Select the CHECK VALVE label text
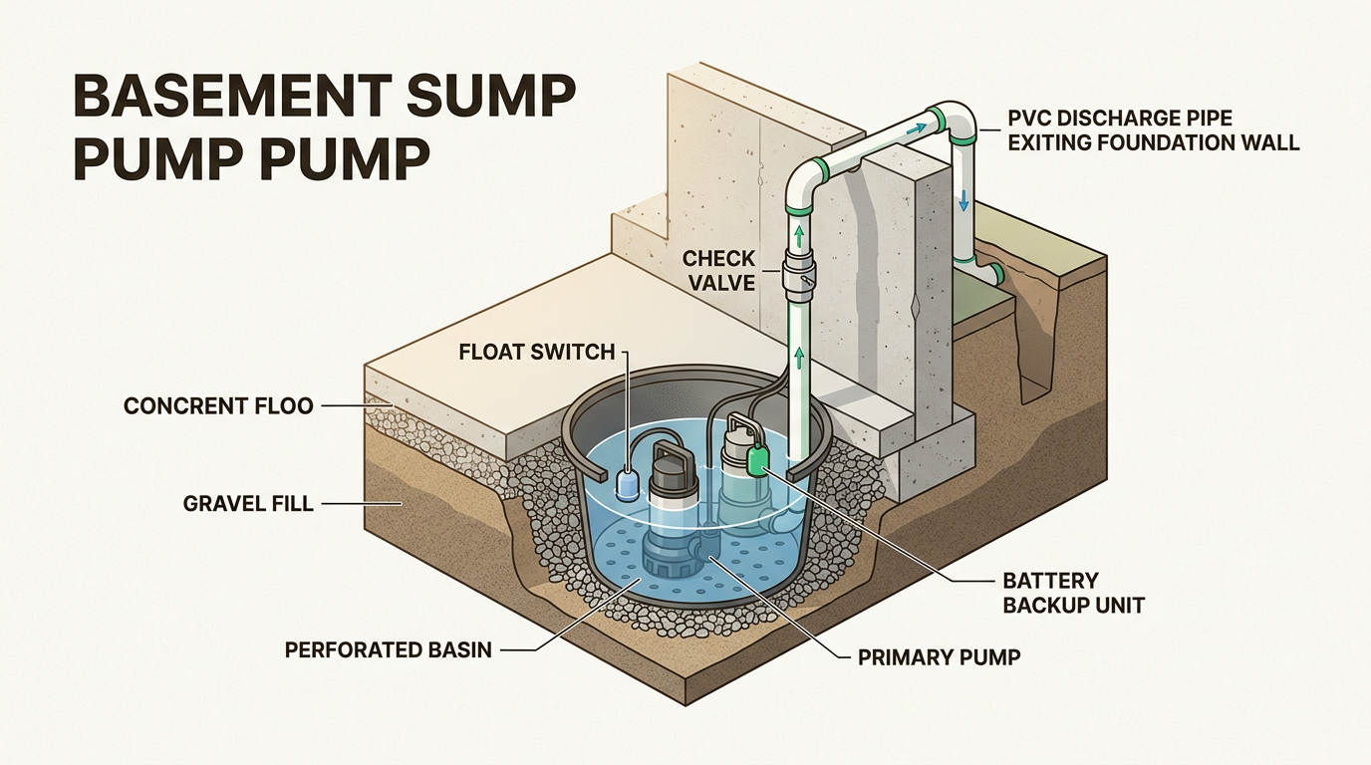[718, 271]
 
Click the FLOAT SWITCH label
[536, 352]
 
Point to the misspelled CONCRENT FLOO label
[218, 405]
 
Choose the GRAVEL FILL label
[248, 504]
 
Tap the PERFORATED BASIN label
[389, 650]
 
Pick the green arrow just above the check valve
[798, 236]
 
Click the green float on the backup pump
[757, 461]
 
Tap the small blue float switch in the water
[630, 483]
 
